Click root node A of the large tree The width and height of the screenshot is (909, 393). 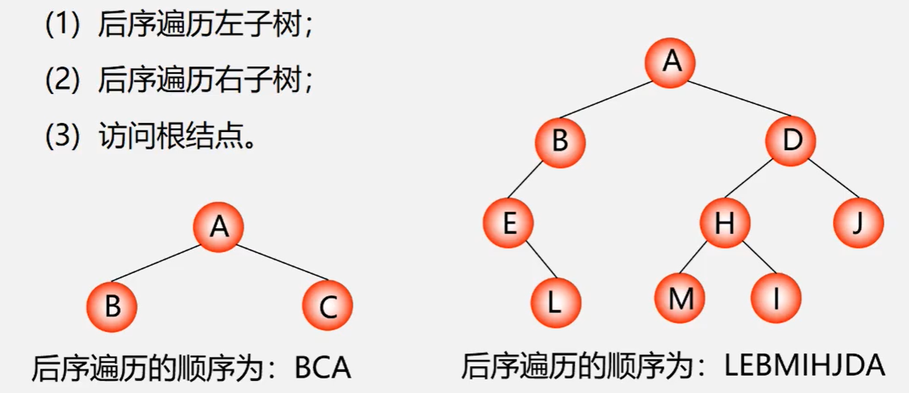pos(671,62)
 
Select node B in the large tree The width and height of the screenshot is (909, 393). pos(560,142)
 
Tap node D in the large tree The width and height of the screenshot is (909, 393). pos(791,142)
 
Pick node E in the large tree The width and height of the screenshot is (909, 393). pos(508,223)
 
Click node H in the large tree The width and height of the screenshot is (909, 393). pos(724,223)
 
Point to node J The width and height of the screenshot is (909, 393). pos(858,223)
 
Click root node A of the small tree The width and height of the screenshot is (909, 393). pos(219,227)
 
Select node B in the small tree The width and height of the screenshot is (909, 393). pos(112,307)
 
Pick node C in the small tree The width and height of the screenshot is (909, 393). pos(327,307)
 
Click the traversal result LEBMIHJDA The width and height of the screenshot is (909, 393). pos(805,366)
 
